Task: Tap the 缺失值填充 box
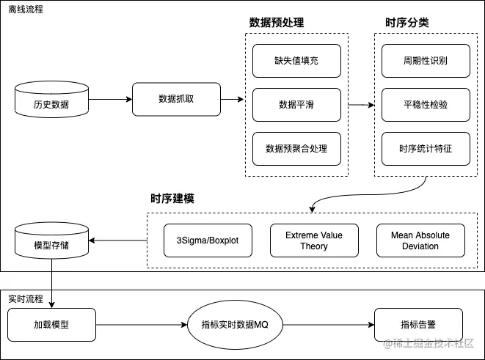tap(296, 62)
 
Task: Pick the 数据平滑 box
tap(296, 105)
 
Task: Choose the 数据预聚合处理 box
tap(296, 148)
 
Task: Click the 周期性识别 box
tap(426, 62)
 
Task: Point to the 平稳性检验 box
tap(426, 105)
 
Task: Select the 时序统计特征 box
tap(426, 148)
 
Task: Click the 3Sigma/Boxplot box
tap(208, 240)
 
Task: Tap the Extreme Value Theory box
tap(314, 240)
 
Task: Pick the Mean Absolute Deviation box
tap(420, 240)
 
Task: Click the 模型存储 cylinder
tap(51, 242)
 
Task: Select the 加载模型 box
tap(51, 323)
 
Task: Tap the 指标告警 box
tap(418, 323)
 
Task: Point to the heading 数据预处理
tap(277, 23)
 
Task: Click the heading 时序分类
tap(407, 23)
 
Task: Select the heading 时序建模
tap(172, 199)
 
